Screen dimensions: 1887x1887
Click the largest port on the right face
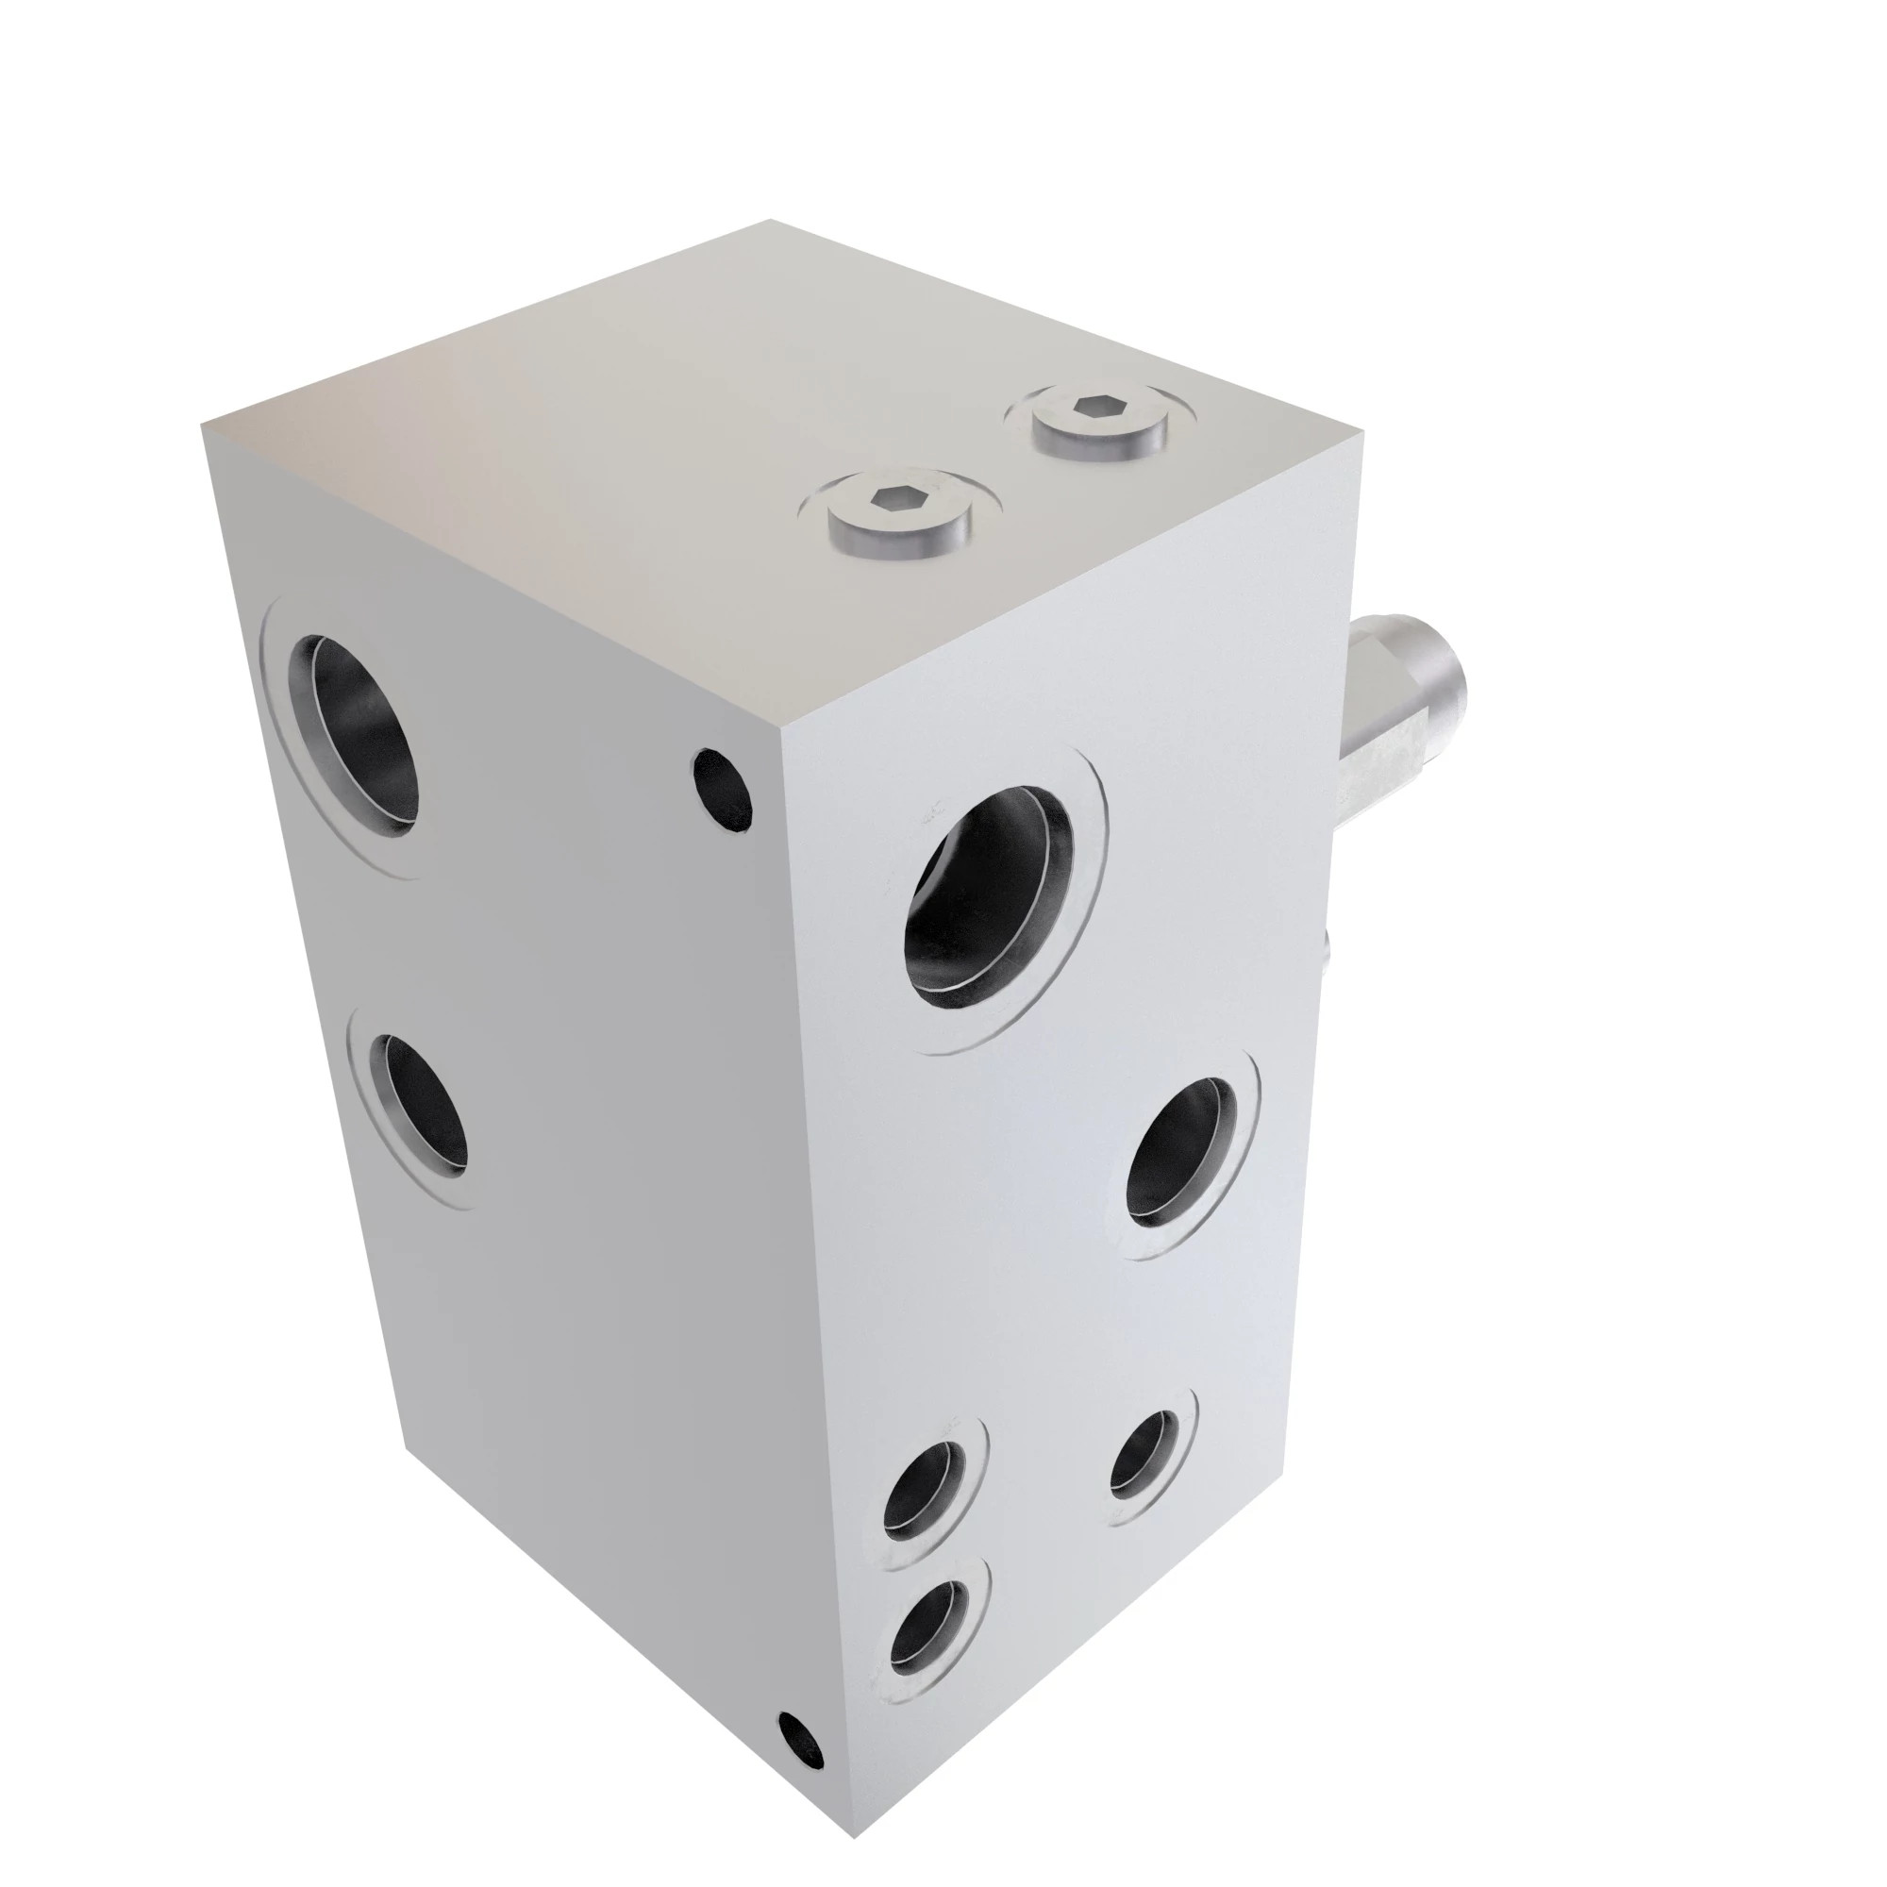[988, 899]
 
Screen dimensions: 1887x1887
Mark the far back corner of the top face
[770, 220]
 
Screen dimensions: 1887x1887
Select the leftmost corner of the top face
[203, 426]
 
